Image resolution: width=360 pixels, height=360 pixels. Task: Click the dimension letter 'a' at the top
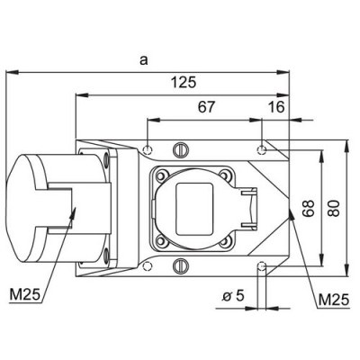click(144, 59)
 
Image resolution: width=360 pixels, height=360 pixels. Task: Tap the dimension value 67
click(206, 107)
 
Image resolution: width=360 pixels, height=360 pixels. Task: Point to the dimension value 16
click(275, 107)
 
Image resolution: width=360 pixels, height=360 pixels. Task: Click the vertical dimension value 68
click(308, 209)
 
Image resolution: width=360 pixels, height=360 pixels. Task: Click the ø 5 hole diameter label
click(232, 294)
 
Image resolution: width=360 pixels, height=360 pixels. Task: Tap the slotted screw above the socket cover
click(182, 148)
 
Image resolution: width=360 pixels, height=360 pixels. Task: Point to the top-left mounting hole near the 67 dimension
click(148, 147)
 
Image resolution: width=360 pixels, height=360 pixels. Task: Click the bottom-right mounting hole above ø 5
click(261, 265)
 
